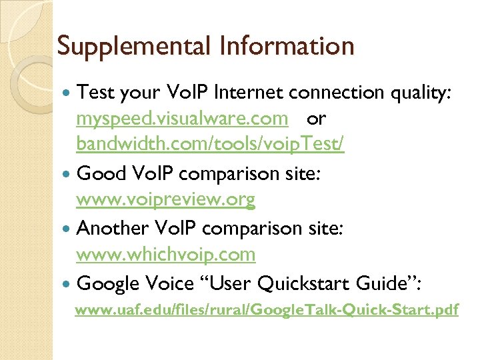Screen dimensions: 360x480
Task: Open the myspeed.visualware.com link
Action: (182, 119)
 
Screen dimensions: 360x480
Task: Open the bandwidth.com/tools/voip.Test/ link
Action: (210, 145)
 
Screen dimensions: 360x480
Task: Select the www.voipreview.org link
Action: (166, 199)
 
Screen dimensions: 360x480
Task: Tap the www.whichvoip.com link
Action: (166, 254)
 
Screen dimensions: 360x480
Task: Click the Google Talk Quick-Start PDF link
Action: (267, 310)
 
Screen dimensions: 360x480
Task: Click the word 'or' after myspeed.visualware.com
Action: (317, 119)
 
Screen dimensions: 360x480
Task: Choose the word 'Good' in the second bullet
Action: (101, 174)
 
